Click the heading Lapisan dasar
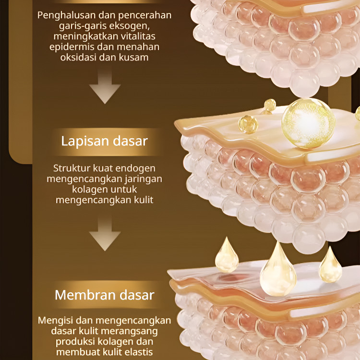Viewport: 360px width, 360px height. pyautogui.click(x=104, y=141)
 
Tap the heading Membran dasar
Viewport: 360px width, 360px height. pyautogui.click(x=104, y=294)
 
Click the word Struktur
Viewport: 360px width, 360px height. pyautogui.click(x=72, y=168)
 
